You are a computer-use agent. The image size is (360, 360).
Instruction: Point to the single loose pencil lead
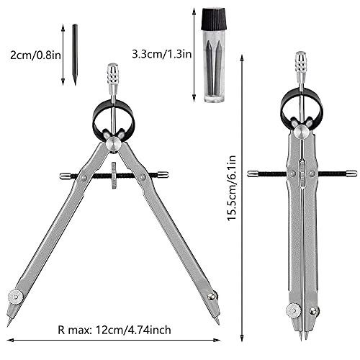coord(73,55)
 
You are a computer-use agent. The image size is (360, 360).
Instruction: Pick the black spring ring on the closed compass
coord(300,105)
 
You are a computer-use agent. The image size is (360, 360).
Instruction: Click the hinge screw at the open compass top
coord(113,144)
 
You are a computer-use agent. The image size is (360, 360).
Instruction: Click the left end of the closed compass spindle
coord(251,173)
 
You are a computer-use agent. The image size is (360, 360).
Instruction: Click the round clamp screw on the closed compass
coord(293,309)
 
